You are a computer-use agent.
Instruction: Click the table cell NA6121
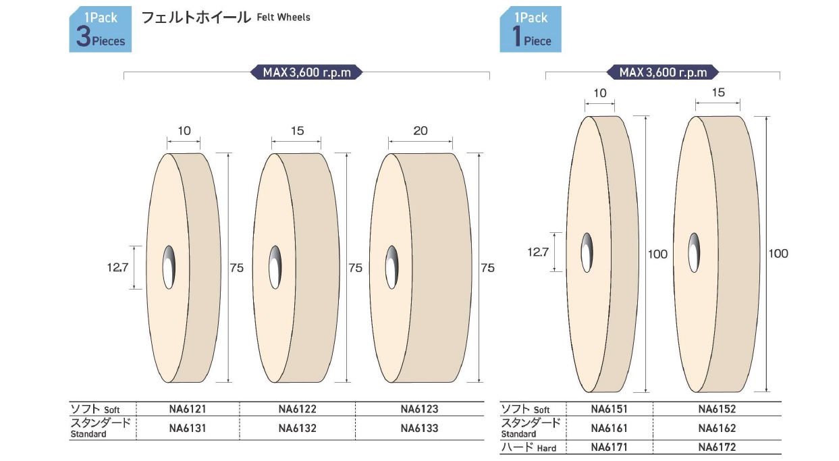coord(187,408)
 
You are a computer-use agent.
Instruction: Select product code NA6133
coord(419,428)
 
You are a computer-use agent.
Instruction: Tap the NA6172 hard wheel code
coord(717,447)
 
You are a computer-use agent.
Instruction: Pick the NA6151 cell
coord(609,408)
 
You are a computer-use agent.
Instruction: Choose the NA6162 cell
coord(717,428)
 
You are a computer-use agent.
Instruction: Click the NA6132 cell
coord(298,428)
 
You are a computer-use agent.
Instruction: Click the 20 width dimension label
coord(421,131)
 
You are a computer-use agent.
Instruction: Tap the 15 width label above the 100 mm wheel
coord(718,92)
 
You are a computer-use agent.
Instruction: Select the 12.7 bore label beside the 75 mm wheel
coord(117,267)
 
